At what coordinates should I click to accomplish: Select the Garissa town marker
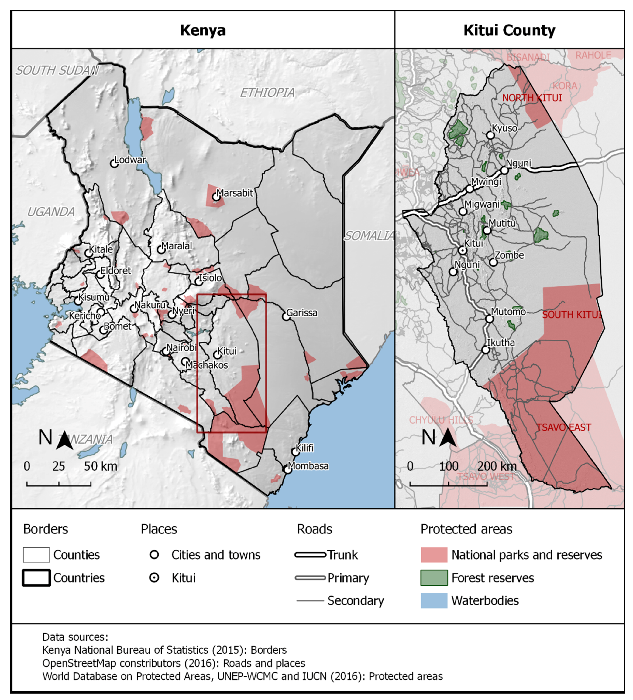[x=286, y=316]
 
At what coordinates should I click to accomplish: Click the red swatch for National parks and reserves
[x=434, y=555]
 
